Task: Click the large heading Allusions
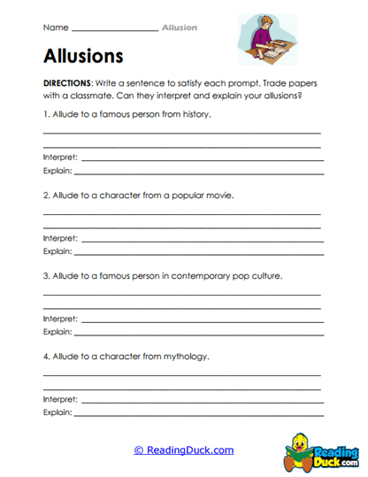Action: coord(82,56)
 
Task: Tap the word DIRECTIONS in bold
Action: coord(67,81)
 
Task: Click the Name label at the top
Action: coord(54,27)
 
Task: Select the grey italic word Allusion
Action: coord(180,27)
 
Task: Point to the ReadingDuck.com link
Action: coord(184,450)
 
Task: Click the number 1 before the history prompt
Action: coord(45,115)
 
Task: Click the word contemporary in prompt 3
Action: coord(196,275)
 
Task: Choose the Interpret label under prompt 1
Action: coord(60,157)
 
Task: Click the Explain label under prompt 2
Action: coord(57,251)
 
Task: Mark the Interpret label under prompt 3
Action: coord(60,318)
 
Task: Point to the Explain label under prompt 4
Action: coord(57,412)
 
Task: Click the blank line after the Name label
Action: coord(114,30)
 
